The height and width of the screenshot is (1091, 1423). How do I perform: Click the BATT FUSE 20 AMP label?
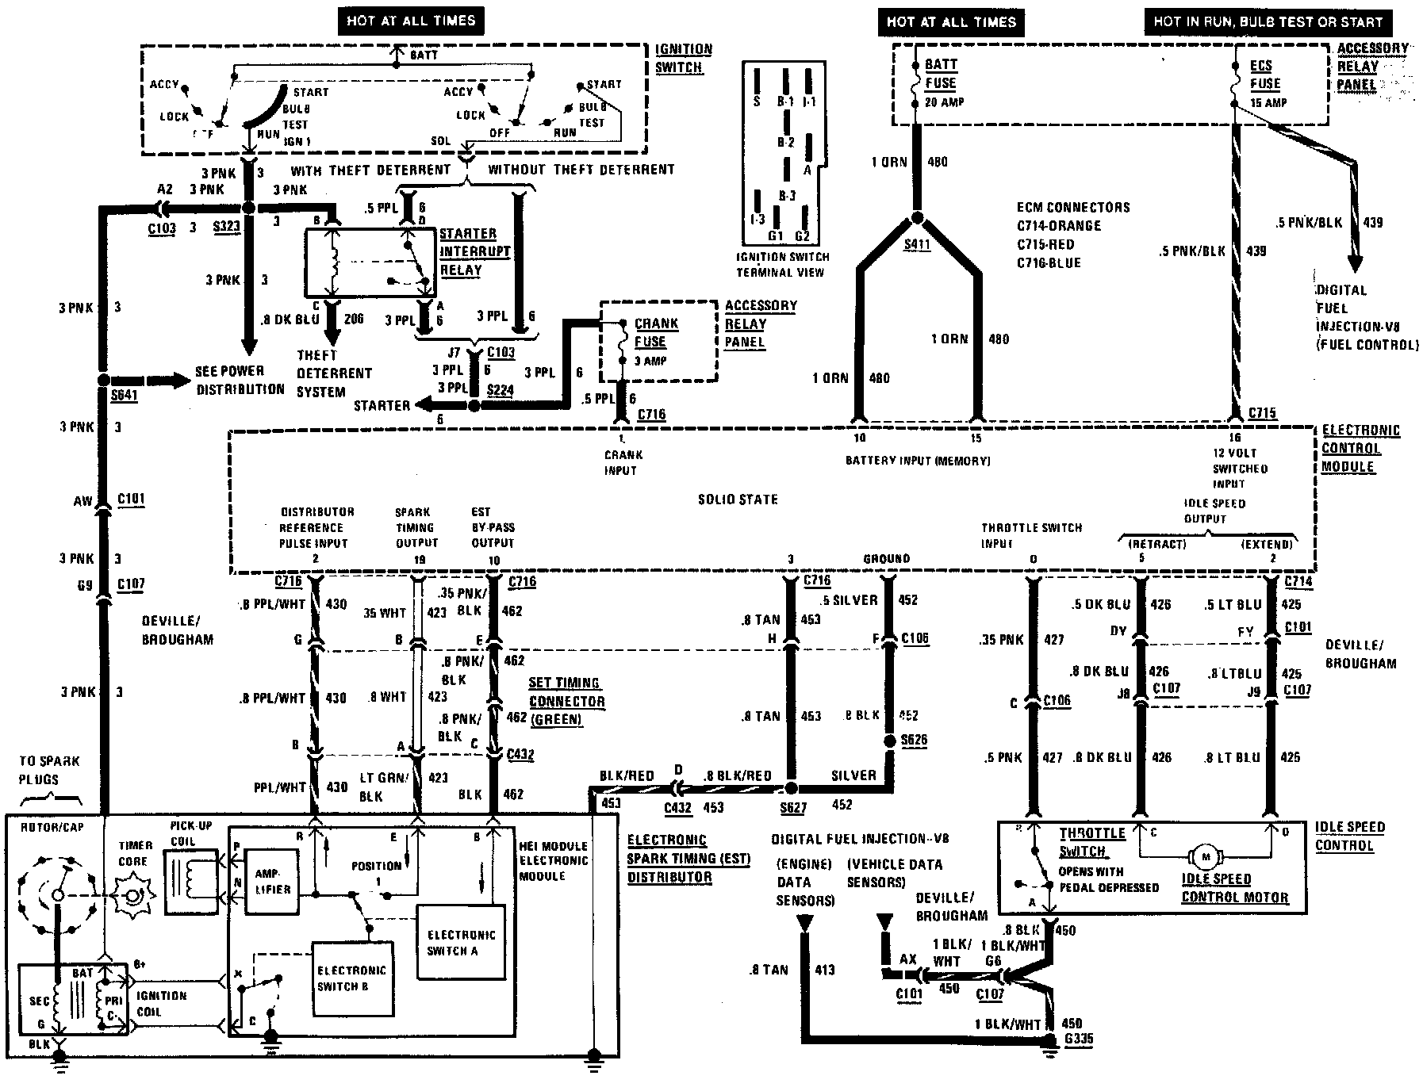pyautogui.click(x=942, y=82)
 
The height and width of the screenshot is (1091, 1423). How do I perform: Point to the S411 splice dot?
pyautogui.click(x=918, y=218)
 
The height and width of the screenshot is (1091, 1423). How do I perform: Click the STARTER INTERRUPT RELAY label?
pyautogui.click(x=474, y=252)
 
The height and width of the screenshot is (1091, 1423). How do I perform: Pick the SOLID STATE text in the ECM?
pyautogui.click(x=738, y=500)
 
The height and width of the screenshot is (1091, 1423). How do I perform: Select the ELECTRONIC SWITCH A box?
pyautogui.click(x=461, y=942)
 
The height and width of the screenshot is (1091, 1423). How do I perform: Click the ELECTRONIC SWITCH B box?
pyautogui.click(x=351, y=978)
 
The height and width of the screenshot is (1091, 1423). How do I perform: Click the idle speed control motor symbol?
pyautogui.click(x=1206, y=856)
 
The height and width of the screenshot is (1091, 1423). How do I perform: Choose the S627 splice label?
pyautogui.click(x=793, y=808)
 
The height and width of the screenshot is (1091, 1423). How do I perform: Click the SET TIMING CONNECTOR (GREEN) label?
pyautogui.click(x=566, y=701)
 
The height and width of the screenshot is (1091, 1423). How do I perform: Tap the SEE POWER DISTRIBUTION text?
pyautogui.click(x=240, y=380)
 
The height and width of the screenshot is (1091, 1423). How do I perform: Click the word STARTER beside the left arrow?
pyautogui.click(x=382, y=405)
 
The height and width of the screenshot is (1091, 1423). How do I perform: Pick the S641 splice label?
pyautogui.click(x=125, y=394)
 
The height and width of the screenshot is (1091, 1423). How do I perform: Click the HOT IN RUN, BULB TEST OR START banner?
pyautogui.click(x=1268, y=21)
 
